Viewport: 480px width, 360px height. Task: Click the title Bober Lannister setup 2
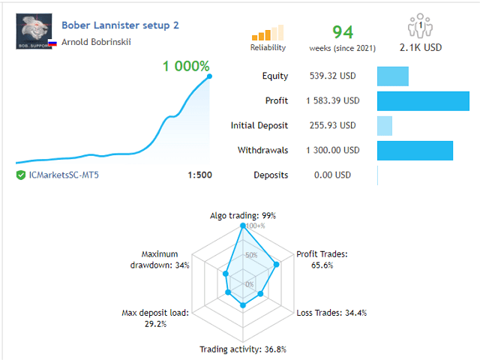[x=120, y=25]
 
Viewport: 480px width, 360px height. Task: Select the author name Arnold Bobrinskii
[x=96, y=42]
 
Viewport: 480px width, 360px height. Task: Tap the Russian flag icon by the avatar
[x=52, y=43]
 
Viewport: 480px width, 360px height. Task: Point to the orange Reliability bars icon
[x=268, y=31]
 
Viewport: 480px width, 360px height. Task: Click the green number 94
[x=342, y=31]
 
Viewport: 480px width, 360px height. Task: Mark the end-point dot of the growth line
[x=209, y=76]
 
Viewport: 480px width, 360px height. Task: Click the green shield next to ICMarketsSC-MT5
[x=20, y=175]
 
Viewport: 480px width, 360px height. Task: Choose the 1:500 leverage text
[x=199, y=175]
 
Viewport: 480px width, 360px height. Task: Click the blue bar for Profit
[x=422, y=100]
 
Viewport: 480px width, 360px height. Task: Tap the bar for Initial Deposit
[x=384, y=125]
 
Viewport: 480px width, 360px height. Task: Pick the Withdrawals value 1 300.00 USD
[x=332, y=150]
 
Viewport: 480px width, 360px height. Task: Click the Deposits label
[x=271, y=175]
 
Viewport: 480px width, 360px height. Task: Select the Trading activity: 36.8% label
[x=242, y=349]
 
